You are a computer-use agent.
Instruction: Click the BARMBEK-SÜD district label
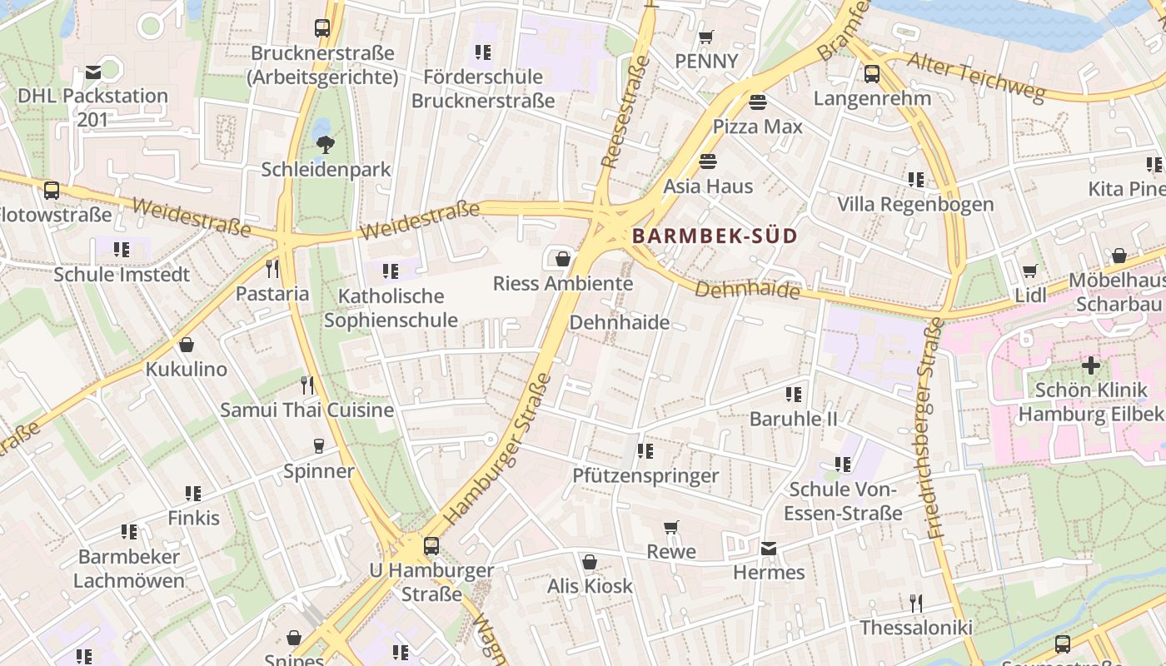coord(715,236)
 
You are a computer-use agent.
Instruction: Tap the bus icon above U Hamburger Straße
coord(431,546)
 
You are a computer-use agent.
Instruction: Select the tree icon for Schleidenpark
coord(325,145)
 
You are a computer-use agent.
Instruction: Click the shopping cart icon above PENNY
coord(706,37)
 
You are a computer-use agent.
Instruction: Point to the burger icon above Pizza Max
coord(758,102)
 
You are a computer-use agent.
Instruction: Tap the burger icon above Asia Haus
coord(708,162)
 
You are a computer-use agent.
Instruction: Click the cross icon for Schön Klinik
coord(1090,365)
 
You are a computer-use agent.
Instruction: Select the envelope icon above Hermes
coord(769,549)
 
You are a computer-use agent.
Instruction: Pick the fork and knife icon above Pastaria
coord(272,269)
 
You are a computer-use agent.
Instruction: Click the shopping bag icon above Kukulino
coord(187,345)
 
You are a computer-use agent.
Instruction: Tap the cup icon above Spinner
coord(318,447)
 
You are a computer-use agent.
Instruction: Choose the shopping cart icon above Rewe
coord(671,527)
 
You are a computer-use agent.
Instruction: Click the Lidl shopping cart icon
coord(1030,271)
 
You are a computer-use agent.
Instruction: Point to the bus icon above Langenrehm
coord(872,74)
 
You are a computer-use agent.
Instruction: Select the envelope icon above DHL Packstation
coord(93,72)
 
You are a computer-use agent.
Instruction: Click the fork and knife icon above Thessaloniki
coord(915,603)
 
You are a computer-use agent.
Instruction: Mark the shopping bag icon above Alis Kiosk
coord(590,562)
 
